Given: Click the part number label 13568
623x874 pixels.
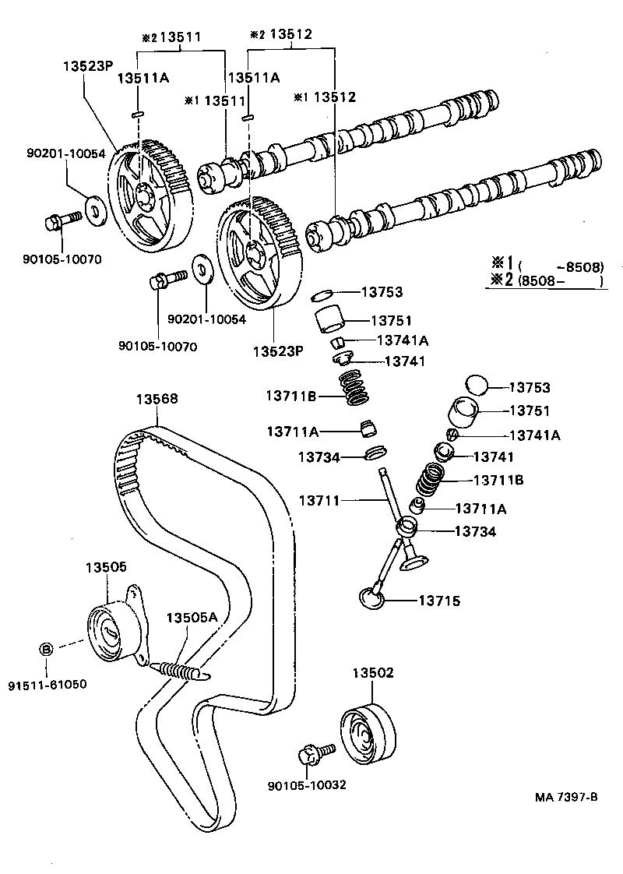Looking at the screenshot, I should [x=157, y=399].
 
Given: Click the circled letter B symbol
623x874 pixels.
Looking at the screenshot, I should [x=46, y=649].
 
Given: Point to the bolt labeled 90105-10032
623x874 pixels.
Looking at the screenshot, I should [x=314, y=753].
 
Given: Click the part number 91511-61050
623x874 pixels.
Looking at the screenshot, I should [x=48, y=685].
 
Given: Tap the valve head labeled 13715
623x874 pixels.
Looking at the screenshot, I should [x=372, y=597].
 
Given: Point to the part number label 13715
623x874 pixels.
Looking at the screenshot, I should [x=439, y=601].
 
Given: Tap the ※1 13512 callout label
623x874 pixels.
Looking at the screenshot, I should [x=325, y=97].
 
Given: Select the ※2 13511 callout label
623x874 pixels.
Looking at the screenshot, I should [x=170, y=36].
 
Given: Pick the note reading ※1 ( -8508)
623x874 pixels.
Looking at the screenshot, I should [x=545, y=265].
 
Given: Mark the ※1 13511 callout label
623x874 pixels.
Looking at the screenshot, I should [x=215, y=100].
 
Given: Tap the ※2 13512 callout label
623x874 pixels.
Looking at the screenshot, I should [x=280, y=35].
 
